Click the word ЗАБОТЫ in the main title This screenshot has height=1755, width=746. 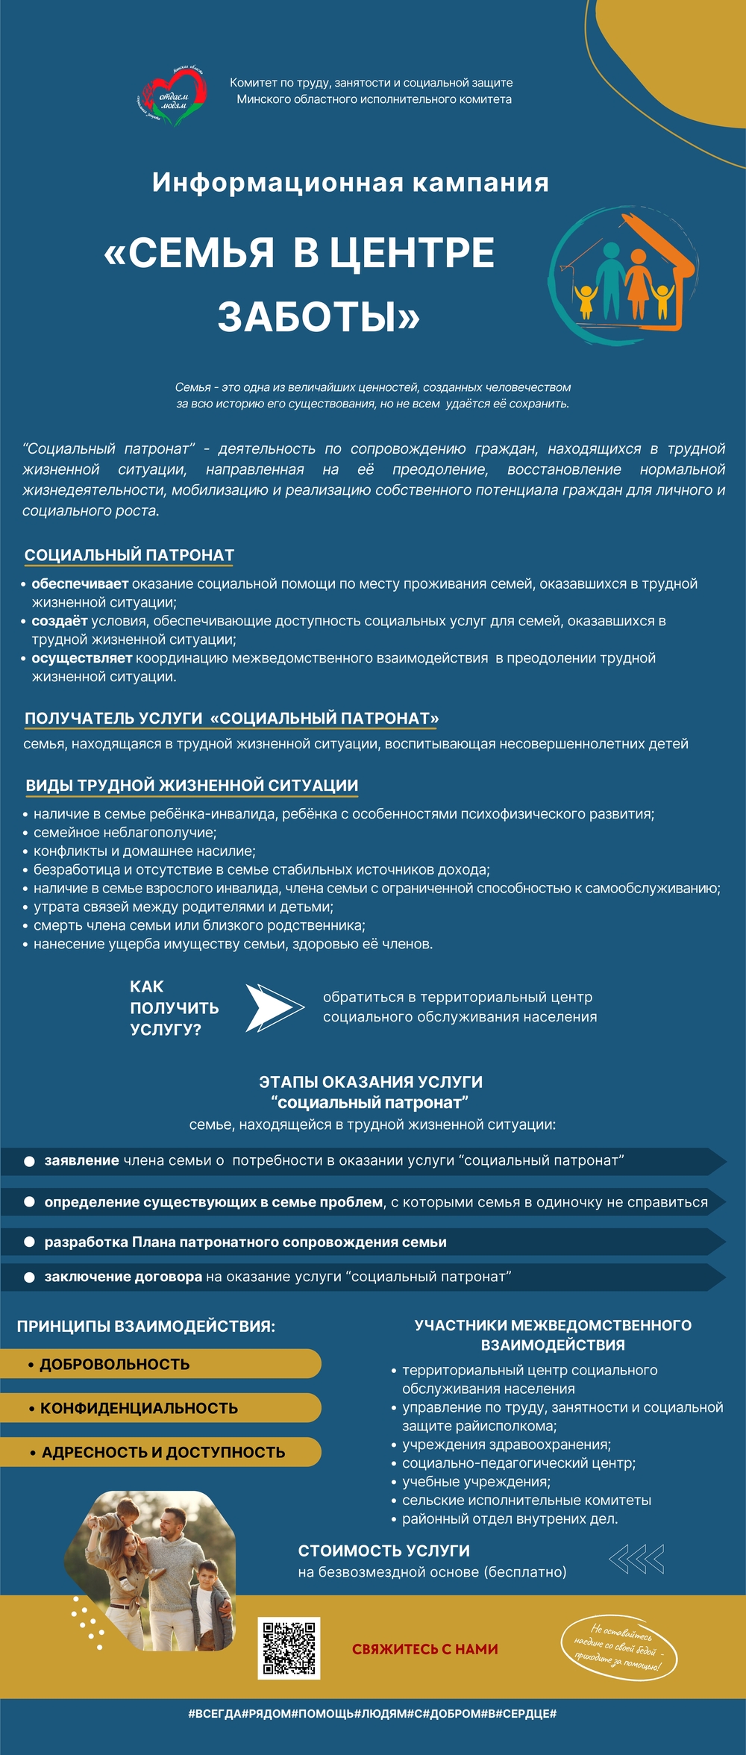click(x=319, y=317)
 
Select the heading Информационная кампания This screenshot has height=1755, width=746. click(x=350, y=183)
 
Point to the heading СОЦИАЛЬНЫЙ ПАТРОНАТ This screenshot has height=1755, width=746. click(x=129, y=555)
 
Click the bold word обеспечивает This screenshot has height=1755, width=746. click(x=80, y=584)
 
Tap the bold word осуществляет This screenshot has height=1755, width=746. click(x=81, y=658)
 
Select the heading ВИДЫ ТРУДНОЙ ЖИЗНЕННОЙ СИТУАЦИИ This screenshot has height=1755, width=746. click(x=192, y=785)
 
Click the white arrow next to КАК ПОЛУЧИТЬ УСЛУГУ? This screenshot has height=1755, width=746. click(x=274, y=1007)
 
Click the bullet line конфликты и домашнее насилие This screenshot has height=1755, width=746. click(x=144, y=851)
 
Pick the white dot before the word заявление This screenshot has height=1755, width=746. click(x=29, y=1161)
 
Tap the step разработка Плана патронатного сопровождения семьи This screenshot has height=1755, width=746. click(x=245, y=1242)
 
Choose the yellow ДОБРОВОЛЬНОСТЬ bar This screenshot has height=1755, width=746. click(x=160, y=1364)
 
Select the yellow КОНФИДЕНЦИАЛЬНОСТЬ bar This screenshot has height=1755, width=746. click(x=160, y=1408)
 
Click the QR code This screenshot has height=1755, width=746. click(x=289, y=1648)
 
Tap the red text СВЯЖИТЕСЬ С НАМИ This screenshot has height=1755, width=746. click(x=424, y=1649)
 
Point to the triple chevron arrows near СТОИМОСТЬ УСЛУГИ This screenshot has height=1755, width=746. click(x=636, y=1559)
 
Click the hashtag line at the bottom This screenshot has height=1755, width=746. click(x=372, y=1713)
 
